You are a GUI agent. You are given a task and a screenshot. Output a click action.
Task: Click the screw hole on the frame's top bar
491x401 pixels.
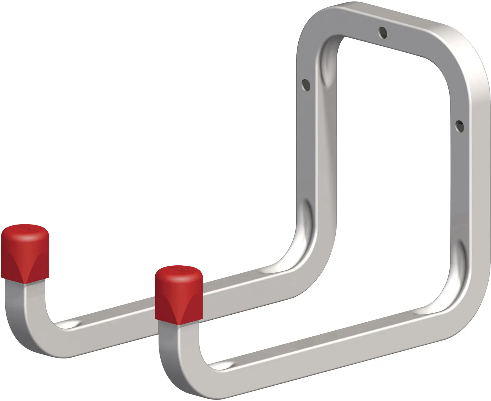[x=383, y=33]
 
